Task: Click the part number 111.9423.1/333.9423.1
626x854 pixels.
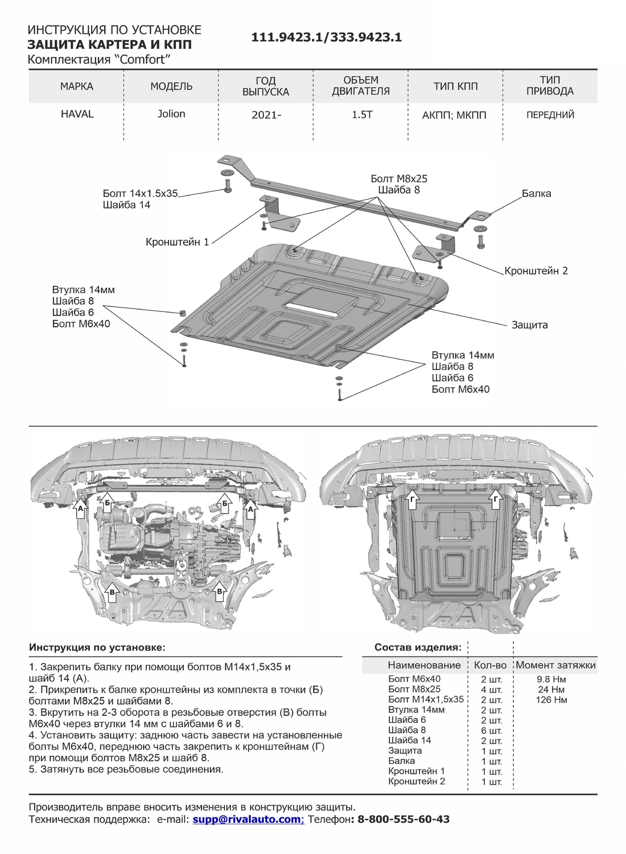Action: pyautogui.click(x=327, y=38)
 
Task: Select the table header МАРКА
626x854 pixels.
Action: pyautogui.click(x=77, y=87)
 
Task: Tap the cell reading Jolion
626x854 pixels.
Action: pyautogui.click(x=171, y=114)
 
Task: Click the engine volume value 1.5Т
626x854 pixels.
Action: pyautogui.click(x=361, y=114)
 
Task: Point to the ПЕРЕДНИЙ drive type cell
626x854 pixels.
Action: pyautogui.click(x=550, y=114)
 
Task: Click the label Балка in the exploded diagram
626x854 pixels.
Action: pyautogui.click(x=536, y=194)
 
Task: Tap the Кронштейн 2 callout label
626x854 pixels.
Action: pyautogui.click(x=536, y=271)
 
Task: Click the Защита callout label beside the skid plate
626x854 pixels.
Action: pyautogui.click(x=529, y=325)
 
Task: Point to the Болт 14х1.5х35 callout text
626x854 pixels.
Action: pyautogui.click(x=141, y=194)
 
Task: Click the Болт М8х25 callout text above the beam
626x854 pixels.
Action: pyautogui.click(x=398, y=179)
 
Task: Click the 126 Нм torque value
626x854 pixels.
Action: pyautogui.click(x=551, y=700)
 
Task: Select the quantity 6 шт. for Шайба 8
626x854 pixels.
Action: pyautogui.click(x=491, y=730)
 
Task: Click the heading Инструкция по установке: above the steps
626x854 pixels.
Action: pyautogui.click(x=97, y=648)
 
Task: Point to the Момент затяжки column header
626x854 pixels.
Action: pyautogui.click(x=555, y=665)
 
